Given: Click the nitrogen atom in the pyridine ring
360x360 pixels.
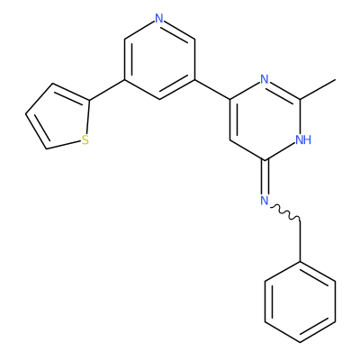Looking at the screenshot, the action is click(159, 19).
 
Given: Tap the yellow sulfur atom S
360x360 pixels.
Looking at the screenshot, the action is click(85, 140).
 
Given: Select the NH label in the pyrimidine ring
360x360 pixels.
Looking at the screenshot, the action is click(303, 139).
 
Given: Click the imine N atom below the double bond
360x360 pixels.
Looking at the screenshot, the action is click(265, 201).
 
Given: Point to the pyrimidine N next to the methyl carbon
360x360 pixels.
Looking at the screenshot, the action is click(265, 79).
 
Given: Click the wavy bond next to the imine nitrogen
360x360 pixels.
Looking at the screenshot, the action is click(285, 212).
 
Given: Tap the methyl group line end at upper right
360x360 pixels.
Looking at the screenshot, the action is click(335, 80).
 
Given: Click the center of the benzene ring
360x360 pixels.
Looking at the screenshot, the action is click(300, 302).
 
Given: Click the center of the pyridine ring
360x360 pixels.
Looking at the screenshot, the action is click(159, 59).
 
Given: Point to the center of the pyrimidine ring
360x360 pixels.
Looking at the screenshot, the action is click(265, 120).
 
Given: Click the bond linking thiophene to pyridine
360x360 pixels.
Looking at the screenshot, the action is click(107, 90).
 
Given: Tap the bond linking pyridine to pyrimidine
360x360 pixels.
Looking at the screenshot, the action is click(212, 89).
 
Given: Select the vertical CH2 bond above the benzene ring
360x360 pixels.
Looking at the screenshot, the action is click(300, 241).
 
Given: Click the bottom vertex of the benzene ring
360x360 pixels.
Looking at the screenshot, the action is click(300, 342).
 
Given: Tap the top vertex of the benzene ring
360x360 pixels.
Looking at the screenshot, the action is click(300, 262).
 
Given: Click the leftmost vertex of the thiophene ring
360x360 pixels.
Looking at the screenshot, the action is click(26, 114).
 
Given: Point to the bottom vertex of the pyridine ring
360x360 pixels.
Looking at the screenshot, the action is click(159, 99).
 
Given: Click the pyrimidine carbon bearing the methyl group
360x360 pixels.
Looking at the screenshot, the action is click(300, 99).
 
